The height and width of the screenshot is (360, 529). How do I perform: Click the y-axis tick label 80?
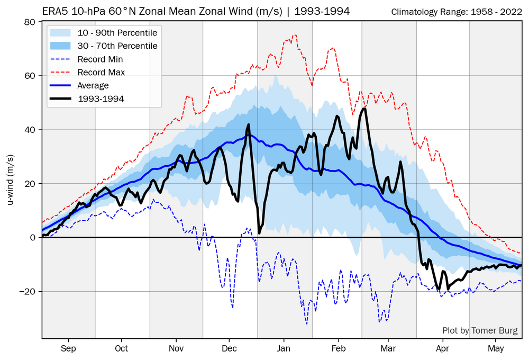click(x=31, y=22)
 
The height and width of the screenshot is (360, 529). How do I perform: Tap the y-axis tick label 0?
click(x=33, y=238)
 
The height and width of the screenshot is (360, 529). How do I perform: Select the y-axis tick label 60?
click(x=31, y=76)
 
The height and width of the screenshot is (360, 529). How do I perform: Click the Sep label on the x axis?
click(x=68, y=348)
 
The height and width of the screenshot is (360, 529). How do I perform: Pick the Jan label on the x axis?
click(x=284, y=348)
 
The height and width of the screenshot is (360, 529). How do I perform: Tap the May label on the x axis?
click(x=496, y=348)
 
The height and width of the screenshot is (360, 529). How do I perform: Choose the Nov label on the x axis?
click(x=176, y=348)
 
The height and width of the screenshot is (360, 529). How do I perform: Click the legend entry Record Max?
click(x=101, y=72)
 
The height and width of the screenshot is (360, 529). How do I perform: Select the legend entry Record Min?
click(x=100, y=59)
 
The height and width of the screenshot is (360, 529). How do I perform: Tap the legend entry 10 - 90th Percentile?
click(x=117, y=33)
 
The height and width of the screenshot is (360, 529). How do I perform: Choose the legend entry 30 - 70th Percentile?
click(x=117, y=46)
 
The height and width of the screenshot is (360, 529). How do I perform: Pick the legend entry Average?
click(x=93, y=85)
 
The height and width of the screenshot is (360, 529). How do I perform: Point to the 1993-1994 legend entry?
click(x=101, y=98)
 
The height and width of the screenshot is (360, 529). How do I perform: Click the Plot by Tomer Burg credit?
click(x=480, y=331)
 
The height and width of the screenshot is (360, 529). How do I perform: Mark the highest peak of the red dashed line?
click(x=294, y=35)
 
